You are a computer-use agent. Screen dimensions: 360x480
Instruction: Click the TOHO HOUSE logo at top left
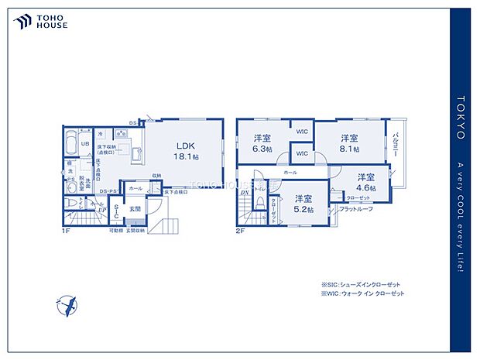[40, 21]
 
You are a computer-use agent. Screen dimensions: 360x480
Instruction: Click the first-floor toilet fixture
[72, 203]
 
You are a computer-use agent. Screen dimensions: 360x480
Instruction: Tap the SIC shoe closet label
[115, 211]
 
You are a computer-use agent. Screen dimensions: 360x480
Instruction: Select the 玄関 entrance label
[134, 207]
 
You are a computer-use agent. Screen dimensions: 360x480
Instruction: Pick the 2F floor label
[241, 230]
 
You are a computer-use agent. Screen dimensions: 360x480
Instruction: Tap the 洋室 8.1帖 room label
[349, 142]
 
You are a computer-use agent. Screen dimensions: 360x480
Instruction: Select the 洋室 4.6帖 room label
[365, 182]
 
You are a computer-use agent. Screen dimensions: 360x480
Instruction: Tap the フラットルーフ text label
[355, 208]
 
